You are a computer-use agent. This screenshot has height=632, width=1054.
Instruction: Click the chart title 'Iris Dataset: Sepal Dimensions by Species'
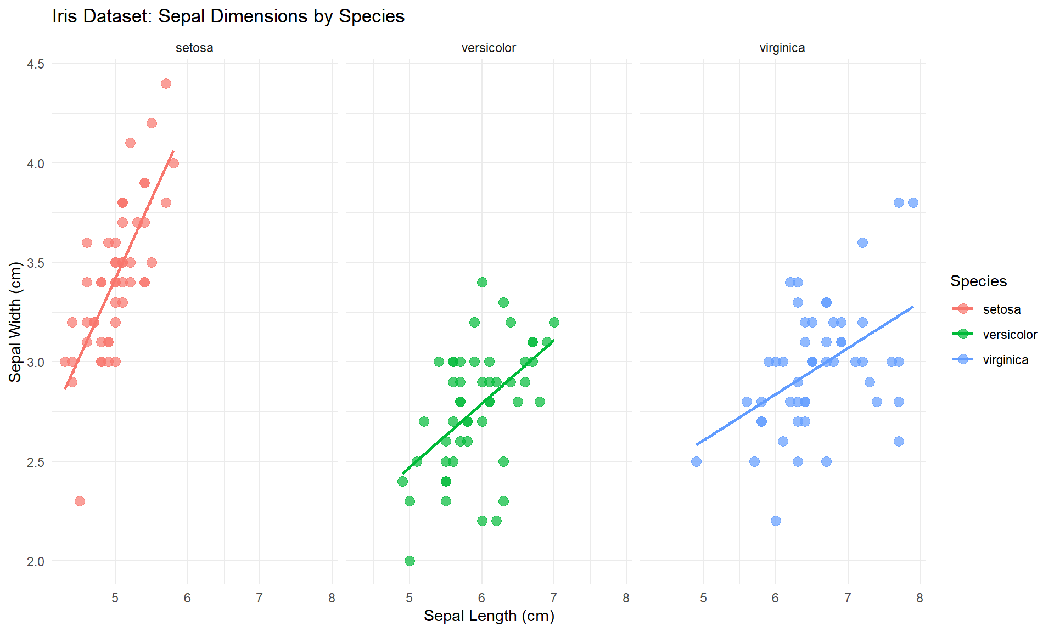228,16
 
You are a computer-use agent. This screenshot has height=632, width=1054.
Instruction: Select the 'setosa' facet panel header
194,48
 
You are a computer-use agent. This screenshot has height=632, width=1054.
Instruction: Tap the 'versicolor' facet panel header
489,48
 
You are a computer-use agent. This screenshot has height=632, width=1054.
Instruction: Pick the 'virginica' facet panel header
782,48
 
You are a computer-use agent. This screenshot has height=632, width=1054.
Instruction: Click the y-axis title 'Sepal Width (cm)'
15,322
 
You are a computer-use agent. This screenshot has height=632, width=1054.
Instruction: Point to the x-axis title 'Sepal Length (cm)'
489,616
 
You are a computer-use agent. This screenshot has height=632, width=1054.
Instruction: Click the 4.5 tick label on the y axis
36,64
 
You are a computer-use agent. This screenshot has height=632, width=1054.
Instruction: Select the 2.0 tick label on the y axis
36,561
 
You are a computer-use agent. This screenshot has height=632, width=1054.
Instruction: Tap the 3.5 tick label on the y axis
36,263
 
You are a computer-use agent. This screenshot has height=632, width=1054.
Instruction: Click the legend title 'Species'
978,281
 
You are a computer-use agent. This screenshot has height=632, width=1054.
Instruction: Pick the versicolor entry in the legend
1010,335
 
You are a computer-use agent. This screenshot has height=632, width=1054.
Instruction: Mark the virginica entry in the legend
1005,360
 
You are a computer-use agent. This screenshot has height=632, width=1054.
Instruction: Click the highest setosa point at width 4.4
166,83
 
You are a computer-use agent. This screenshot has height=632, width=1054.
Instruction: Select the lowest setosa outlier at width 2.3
80,501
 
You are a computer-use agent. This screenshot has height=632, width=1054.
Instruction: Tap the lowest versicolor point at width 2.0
410,561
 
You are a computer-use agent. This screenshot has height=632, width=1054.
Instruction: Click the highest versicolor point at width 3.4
482,282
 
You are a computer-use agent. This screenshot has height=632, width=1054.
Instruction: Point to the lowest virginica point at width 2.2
776,521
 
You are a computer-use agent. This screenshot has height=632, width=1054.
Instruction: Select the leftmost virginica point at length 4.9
696,461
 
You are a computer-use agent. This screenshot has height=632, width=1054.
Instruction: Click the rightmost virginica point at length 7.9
913,202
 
